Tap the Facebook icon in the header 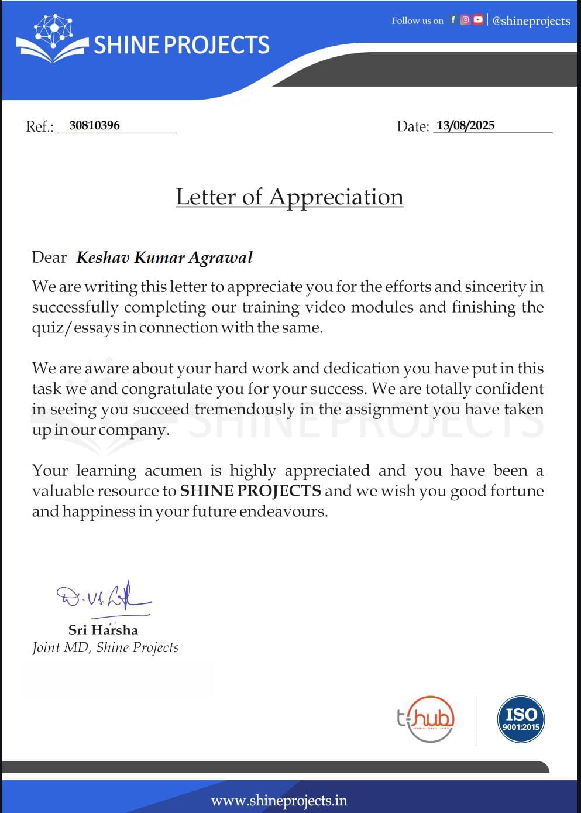(453, 20)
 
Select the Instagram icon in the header (465, 20)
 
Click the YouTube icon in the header (478, 20)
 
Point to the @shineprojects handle (531, 21)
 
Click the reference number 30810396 (94, 125)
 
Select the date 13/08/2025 (465, 125)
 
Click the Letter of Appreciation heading (290, 197)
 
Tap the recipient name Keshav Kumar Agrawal (164, 258)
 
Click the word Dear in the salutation (49, 258)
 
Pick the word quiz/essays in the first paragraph (75, 328)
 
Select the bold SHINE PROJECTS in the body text (250, 490)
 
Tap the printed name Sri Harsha (103, 630)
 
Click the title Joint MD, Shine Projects (105, 647)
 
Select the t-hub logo (426, 719)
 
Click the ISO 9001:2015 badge (521, 720)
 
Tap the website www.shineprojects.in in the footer (279, 800)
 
